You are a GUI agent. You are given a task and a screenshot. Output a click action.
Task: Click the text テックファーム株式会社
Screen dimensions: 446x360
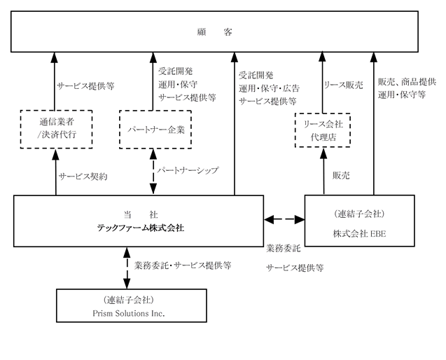click(141, 228)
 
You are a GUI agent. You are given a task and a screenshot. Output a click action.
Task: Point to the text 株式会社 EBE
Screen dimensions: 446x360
click(360, 234)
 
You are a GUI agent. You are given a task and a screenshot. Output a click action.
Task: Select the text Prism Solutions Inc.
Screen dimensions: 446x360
click(129, 313)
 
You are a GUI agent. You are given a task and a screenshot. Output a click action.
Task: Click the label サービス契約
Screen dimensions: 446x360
click(83, 176)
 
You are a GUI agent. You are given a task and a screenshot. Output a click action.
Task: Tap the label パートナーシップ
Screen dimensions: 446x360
click(188, 170)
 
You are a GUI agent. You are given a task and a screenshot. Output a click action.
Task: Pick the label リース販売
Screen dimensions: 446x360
click(344, 85)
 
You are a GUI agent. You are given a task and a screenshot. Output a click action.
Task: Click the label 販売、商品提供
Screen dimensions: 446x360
click(407, 82)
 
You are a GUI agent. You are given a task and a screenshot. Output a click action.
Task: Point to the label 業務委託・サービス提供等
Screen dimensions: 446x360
click(183, 265)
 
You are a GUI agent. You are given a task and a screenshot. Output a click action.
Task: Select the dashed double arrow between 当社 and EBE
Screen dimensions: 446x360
click(284, 219)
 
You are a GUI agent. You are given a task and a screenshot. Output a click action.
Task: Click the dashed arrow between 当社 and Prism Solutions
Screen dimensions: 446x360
click(127, 268)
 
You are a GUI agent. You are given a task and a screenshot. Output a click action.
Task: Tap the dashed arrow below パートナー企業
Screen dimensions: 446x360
click(153, 172)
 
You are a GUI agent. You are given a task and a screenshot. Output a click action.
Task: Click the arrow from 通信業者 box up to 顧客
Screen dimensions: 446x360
click(55, 81)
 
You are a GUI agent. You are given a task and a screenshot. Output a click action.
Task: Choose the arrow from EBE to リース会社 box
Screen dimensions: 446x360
click(323, 172)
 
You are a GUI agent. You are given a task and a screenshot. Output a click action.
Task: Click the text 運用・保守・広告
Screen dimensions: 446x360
click(269, 88)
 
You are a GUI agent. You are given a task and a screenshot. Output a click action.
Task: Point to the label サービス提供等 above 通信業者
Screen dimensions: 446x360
click(85, 86)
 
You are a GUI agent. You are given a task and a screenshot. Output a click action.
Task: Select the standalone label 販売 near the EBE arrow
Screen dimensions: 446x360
click(341, 176)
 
